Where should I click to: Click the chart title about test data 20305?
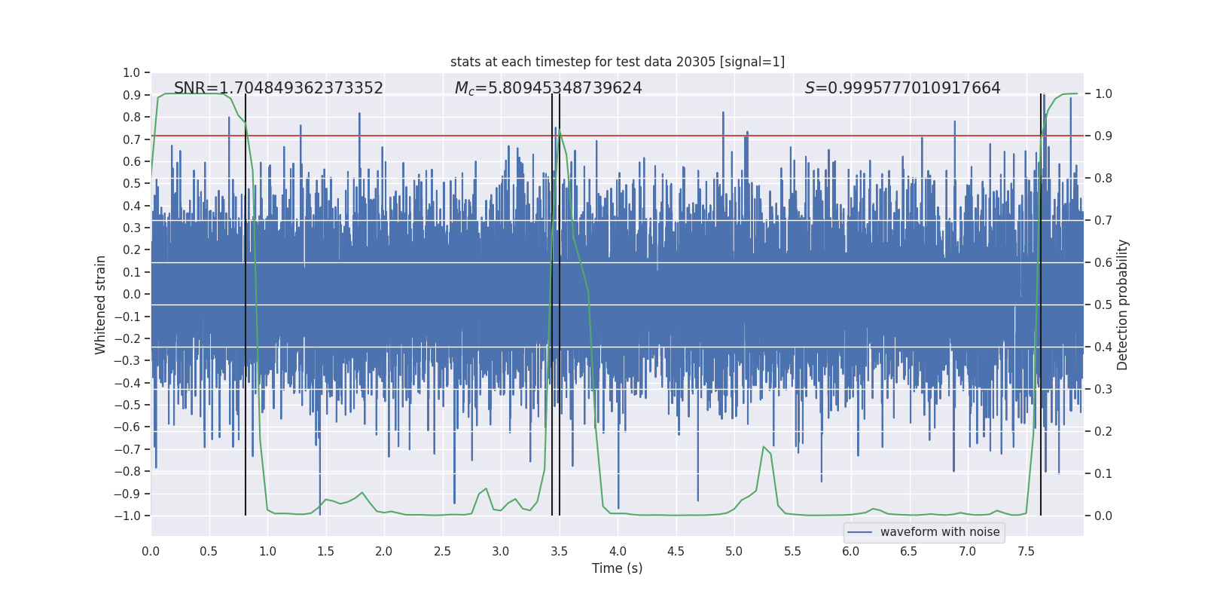pyautogui.click(x=617, y=62)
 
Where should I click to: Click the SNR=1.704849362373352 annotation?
pyautogui.click(x=279, y=88)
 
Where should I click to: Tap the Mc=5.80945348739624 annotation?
pyautogui.click(x=548, y=88)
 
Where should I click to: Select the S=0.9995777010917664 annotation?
pyautogui.click(x=902, y=88)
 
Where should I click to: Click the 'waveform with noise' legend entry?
pyautogui.click(x=924, y=532)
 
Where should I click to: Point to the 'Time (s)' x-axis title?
pyautogui.click(x=617, y=568)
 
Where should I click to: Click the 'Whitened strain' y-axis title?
pyautogui.click(x=101, y=305)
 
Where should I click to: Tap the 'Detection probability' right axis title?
pyautogui.click(x=1123, y=305)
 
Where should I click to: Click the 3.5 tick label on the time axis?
pyautogui.click(x=559, y=551)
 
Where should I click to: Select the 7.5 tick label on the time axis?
pyautogui.click(x=1026, y=551)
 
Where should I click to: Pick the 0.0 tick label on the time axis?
pyautogui.click(x=151, y=551)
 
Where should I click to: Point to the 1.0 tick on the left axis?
pyautogui.click(x=131, y=72)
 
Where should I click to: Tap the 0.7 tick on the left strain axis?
pyautogui.click(x=131, y=139)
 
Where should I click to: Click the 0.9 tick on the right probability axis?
pyautogui.click(x=1103, y=136)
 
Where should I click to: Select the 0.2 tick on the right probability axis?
pyautogui.click(x=1103, y=432)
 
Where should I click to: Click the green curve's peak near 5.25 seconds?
pyautogui.click(x=763, y=447)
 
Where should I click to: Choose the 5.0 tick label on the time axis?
pyautogui.click(x=734, y=551)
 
